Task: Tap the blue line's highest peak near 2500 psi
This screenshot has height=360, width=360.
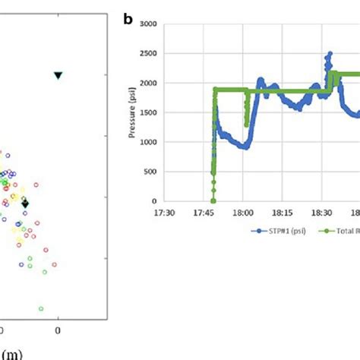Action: (x=330, y=54)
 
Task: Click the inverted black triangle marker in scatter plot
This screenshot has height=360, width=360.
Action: (x=58, y=75)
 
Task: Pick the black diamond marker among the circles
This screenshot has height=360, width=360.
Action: (x=25, y=204)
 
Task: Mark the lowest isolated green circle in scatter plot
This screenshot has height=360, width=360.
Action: (x=41, y=308)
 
